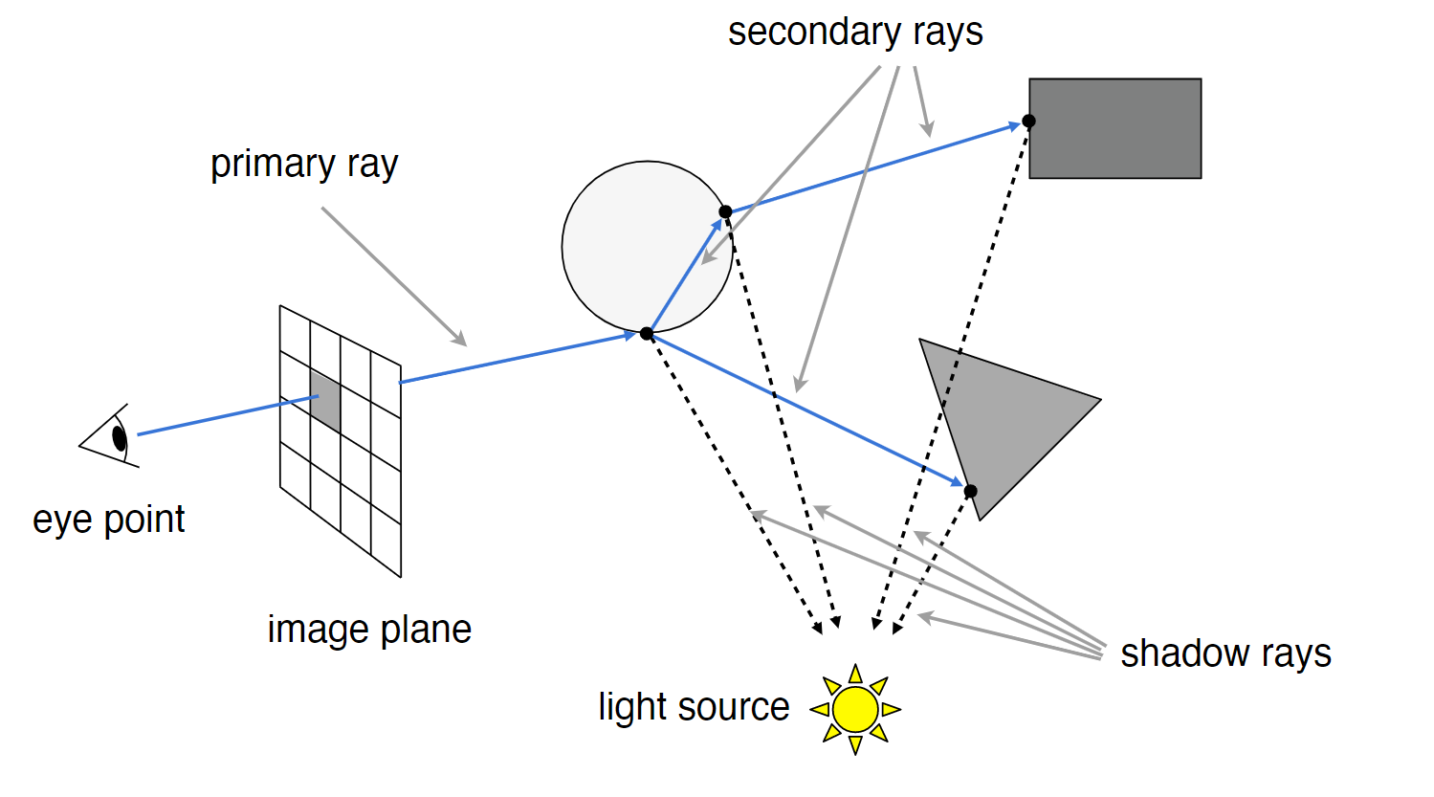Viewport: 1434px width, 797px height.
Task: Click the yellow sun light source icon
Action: (855, 709)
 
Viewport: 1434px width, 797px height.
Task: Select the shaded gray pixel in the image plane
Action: (325, 401)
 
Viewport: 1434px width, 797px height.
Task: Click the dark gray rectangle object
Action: (1114, 128)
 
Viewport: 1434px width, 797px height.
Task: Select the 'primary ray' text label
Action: (304, 165)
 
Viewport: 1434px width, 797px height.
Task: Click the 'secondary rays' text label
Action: (854, 32)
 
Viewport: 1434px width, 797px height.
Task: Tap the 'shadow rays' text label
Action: (1225, 653)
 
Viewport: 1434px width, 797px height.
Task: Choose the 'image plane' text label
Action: (369, 630)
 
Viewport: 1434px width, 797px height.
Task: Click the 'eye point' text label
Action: (108, 520)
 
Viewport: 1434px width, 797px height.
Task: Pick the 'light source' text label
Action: (694, 707)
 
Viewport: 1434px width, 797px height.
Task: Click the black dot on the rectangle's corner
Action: (1028, 121)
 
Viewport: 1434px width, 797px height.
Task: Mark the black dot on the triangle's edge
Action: (970, 491)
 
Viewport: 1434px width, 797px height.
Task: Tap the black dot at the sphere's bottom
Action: (647, 333)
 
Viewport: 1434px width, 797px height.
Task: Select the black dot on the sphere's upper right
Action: (725, 211)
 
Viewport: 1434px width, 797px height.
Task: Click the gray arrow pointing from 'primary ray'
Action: (392, 276)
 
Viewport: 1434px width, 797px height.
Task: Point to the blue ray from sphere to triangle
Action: (804, 409)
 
